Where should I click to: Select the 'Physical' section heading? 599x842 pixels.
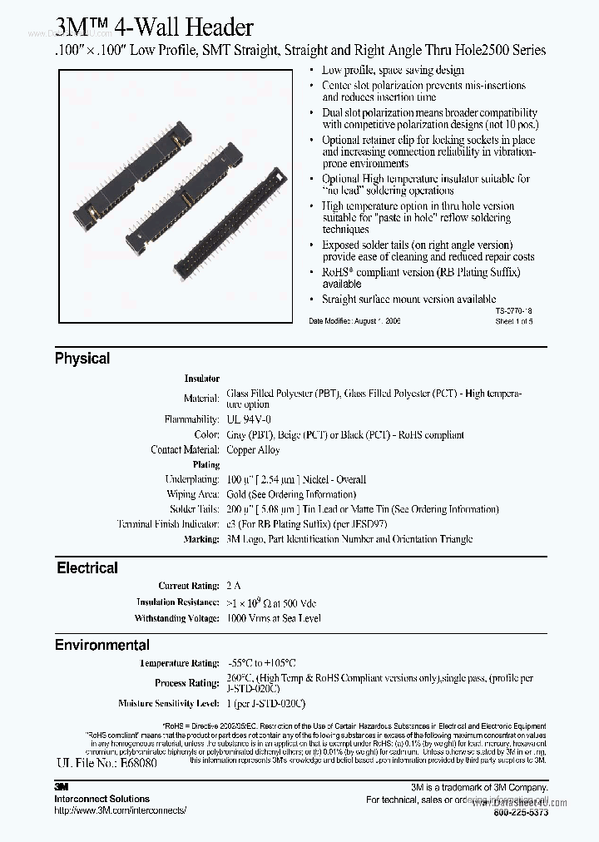pyautogui.click(x=82, y=359)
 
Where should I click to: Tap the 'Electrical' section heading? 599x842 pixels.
pyautogui.click(x=87, y=568)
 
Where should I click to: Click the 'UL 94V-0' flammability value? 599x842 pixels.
pyautogui.click(x=249, y=420)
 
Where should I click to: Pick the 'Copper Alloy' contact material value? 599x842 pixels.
pyautogui.click(x=253, y=450)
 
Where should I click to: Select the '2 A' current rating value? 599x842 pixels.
pyautogui.click(x=233, y=587)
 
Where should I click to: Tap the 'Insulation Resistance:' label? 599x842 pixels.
pyautogui.click(x=178, y=602)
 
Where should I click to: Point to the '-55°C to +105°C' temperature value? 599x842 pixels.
pyautogui.click(x=261, y=663)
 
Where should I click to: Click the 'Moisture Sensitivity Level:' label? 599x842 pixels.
pyautogui.click(x=167, y=704)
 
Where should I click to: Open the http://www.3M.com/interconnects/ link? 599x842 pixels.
pyautogui.click(x=121, y=810)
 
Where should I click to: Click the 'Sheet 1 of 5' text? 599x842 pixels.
pyautogui.click(x=513, y=320)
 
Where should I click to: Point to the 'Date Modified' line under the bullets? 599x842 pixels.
pyautogui.click(x=354, y=320)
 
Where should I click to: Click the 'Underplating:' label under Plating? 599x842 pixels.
pyautogui.click(x=192, y=480)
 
